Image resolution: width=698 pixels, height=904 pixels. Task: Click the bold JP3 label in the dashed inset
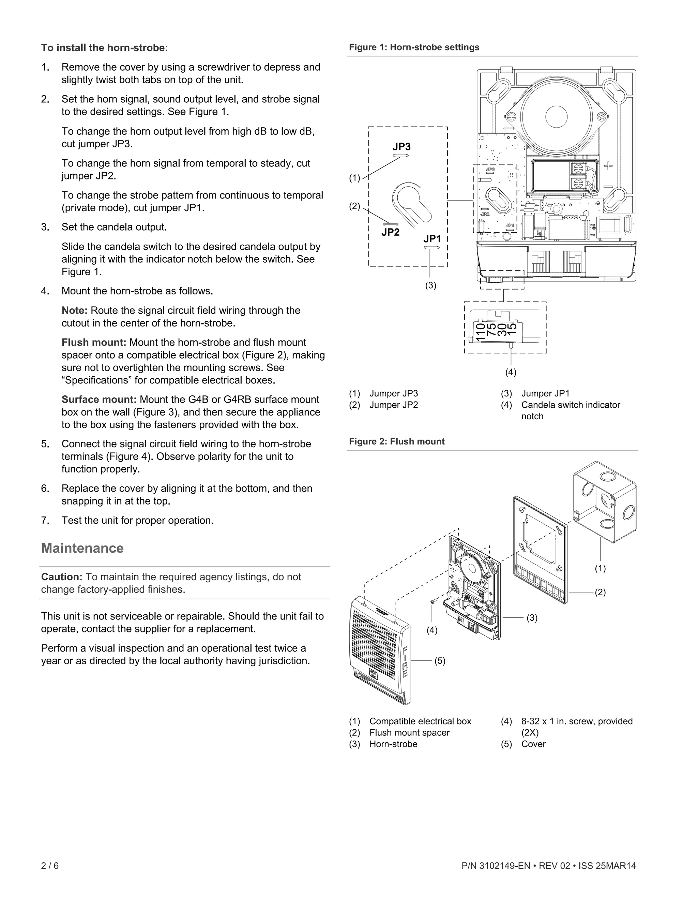click(401, 147)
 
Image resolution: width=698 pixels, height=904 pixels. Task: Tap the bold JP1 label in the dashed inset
click(432, 239)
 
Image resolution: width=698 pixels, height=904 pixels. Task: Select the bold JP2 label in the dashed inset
click(390, 232)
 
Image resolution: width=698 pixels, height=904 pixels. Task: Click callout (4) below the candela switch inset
click(511, 372)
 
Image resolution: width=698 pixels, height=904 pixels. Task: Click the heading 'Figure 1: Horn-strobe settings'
click(414, 47)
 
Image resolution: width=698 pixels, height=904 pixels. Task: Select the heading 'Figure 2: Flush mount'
click(397, 441)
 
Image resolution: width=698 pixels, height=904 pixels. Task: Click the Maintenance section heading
click(82, 548)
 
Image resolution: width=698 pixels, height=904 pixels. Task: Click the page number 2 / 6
click(50, 865)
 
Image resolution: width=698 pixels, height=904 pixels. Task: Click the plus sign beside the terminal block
click(608, 166)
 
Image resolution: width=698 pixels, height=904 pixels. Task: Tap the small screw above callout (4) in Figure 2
click(432, 601)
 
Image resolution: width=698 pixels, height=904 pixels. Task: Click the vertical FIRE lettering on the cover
click(405, 662)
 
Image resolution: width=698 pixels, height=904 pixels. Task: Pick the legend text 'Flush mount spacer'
click(409, 733)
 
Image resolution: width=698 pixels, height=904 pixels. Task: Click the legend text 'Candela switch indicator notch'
click(570, 405)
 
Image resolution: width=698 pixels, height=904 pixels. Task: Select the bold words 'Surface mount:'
click(99, 399)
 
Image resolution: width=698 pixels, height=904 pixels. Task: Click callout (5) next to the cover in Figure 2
click(440, 661)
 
